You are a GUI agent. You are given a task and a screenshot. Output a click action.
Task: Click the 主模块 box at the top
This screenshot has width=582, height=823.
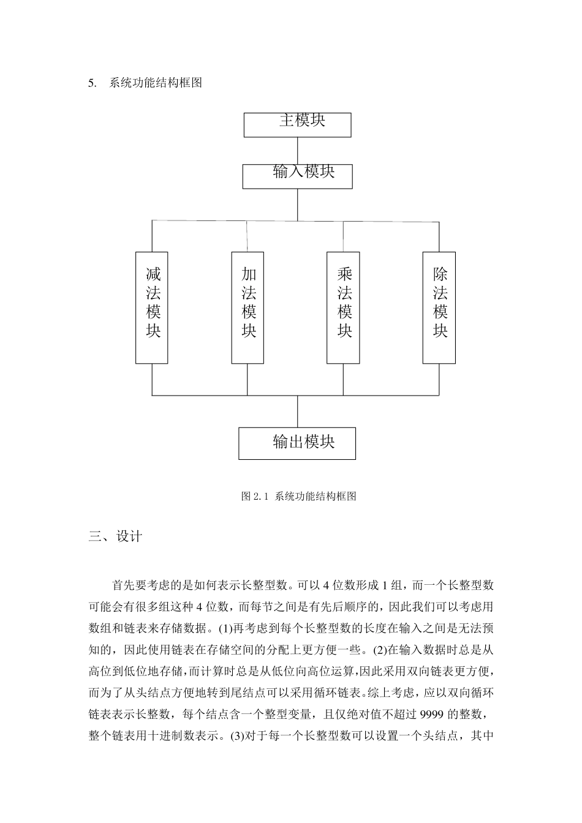(297, 124)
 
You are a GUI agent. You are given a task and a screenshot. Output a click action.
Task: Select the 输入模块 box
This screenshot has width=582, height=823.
(297, 176)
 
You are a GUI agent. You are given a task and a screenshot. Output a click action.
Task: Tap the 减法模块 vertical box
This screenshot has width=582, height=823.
(152, 307)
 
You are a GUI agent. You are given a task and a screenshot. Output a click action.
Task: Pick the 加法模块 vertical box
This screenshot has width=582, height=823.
(248, 307)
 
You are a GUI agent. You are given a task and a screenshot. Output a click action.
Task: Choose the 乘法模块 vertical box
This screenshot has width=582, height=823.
(343, 307)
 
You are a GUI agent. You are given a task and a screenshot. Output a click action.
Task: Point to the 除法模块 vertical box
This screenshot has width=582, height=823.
(439, 307)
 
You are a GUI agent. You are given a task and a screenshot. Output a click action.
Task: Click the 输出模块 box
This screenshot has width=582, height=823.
(297, 443)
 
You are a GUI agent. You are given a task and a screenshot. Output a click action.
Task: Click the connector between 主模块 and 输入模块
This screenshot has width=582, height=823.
(297, 150)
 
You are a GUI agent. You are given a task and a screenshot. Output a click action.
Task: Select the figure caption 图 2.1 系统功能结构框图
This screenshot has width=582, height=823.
(299, 497)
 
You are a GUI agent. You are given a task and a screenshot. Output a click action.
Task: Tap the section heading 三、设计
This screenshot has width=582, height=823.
(115, 536)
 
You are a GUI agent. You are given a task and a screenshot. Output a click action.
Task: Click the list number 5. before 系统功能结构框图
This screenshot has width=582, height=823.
(93, 83)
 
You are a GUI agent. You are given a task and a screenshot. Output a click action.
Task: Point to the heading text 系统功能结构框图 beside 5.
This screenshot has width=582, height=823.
(156, 83)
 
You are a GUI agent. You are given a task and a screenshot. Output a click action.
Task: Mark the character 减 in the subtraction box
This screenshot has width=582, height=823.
(153, 274)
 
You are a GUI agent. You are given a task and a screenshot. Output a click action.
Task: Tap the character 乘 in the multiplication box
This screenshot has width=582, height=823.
(345, 274)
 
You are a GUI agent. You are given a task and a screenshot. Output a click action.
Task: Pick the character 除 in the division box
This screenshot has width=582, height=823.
(440, 274)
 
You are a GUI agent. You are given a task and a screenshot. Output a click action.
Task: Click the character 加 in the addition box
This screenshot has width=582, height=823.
(249, 274)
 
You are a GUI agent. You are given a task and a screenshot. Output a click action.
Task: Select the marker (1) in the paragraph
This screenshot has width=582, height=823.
(225, 626)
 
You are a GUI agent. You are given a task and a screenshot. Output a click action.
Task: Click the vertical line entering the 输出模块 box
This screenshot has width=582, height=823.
(297, 411)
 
